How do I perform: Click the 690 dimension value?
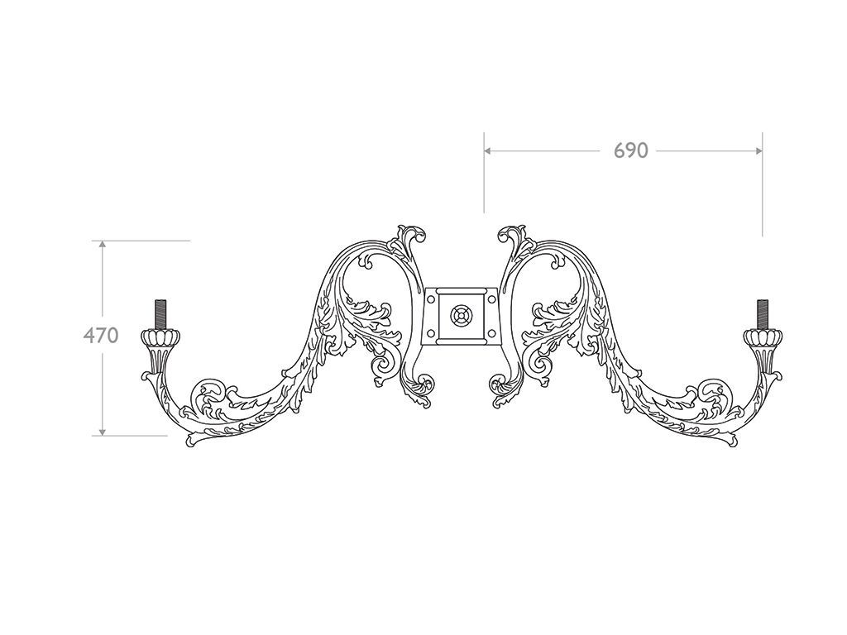[x=630, y=150]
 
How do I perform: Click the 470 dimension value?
[x=100, y=336]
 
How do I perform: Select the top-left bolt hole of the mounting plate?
[x=431, y=298]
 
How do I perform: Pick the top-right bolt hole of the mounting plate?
[x=490, y=298]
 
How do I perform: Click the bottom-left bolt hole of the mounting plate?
[x=431, y=333]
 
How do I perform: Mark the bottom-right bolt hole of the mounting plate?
[x=490, y=333]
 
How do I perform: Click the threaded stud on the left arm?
[x=160, y=313]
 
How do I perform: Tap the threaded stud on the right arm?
[x=762, y=313]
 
